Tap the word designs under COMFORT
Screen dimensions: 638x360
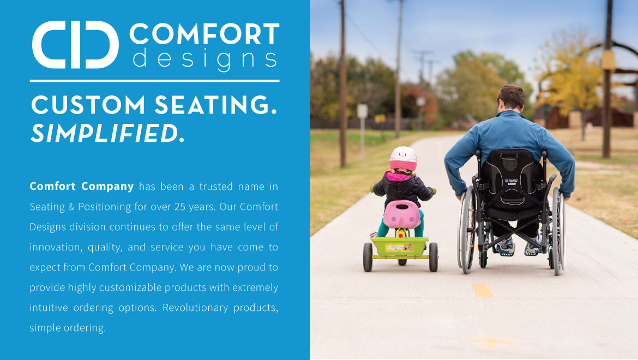pos(204,59)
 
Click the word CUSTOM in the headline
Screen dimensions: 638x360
pos(88,105)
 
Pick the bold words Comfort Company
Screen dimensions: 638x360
pos(81,187)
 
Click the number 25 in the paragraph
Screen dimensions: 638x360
pos(180,207)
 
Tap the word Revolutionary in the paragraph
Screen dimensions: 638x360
pos(195,308)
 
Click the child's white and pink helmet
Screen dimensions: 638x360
pos(403,158)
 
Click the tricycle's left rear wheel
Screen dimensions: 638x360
pos(368,257)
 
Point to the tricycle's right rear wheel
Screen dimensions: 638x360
pos(434,257)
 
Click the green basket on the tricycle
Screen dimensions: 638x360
pos(400,246)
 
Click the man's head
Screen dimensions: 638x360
pos(511,98)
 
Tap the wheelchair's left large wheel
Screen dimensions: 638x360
pos(467,230)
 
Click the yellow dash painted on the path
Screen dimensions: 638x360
pos(483,290)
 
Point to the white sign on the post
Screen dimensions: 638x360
pos(362,111)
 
